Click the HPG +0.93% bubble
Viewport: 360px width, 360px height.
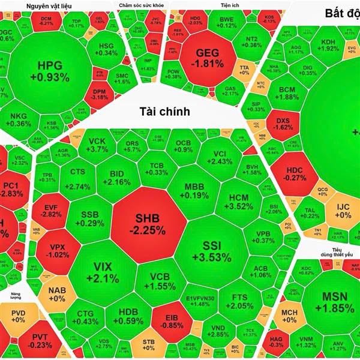pos(53,71)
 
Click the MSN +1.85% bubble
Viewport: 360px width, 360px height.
pos(330,302)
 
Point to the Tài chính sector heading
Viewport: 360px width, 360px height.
pos(164,111)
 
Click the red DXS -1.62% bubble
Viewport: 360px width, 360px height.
pos(283,123)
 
